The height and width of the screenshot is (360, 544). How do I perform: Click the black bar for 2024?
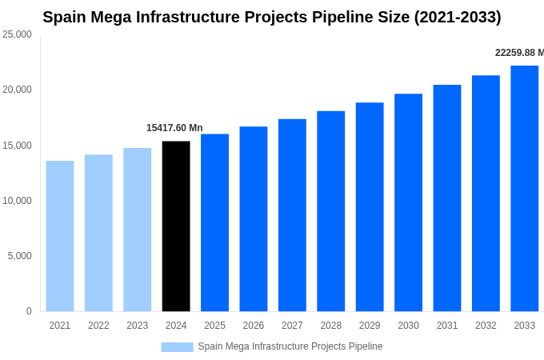coord(176,226)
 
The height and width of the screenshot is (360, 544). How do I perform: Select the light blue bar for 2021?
coord(60,236)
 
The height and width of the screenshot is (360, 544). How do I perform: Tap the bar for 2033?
coord(524,189)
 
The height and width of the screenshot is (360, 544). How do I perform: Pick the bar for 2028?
coord(330,211)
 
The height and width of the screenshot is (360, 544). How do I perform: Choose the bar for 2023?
coord(137,230)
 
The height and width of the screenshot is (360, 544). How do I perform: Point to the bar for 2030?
coord(408,202)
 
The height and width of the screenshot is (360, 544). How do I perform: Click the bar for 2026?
coord(254,219)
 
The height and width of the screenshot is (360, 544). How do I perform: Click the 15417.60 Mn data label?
coord(174,128)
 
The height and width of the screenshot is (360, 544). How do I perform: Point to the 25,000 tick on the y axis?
coord(17,34)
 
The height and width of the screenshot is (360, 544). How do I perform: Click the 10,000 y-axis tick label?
coord(17,201)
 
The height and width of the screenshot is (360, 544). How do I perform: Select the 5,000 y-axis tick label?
coord(19,256)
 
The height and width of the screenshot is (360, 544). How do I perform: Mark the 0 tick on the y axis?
coord(29,311)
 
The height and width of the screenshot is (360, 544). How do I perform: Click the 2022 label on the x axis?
coord(98,326)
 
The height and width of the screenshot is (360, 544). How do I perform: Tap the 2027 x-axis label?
coord(292,326)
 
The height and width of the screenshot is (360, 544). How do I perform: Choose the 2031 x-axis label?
coord(447,326)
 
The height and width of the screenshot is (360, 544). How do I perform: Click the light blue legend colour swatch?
coord(177,346)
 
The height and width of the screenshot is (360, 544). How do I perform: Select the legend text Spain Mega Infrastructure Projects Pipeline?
coord(290,346)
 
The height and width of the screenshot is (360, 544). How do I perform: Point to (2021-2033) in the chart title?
coord(457,17)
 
